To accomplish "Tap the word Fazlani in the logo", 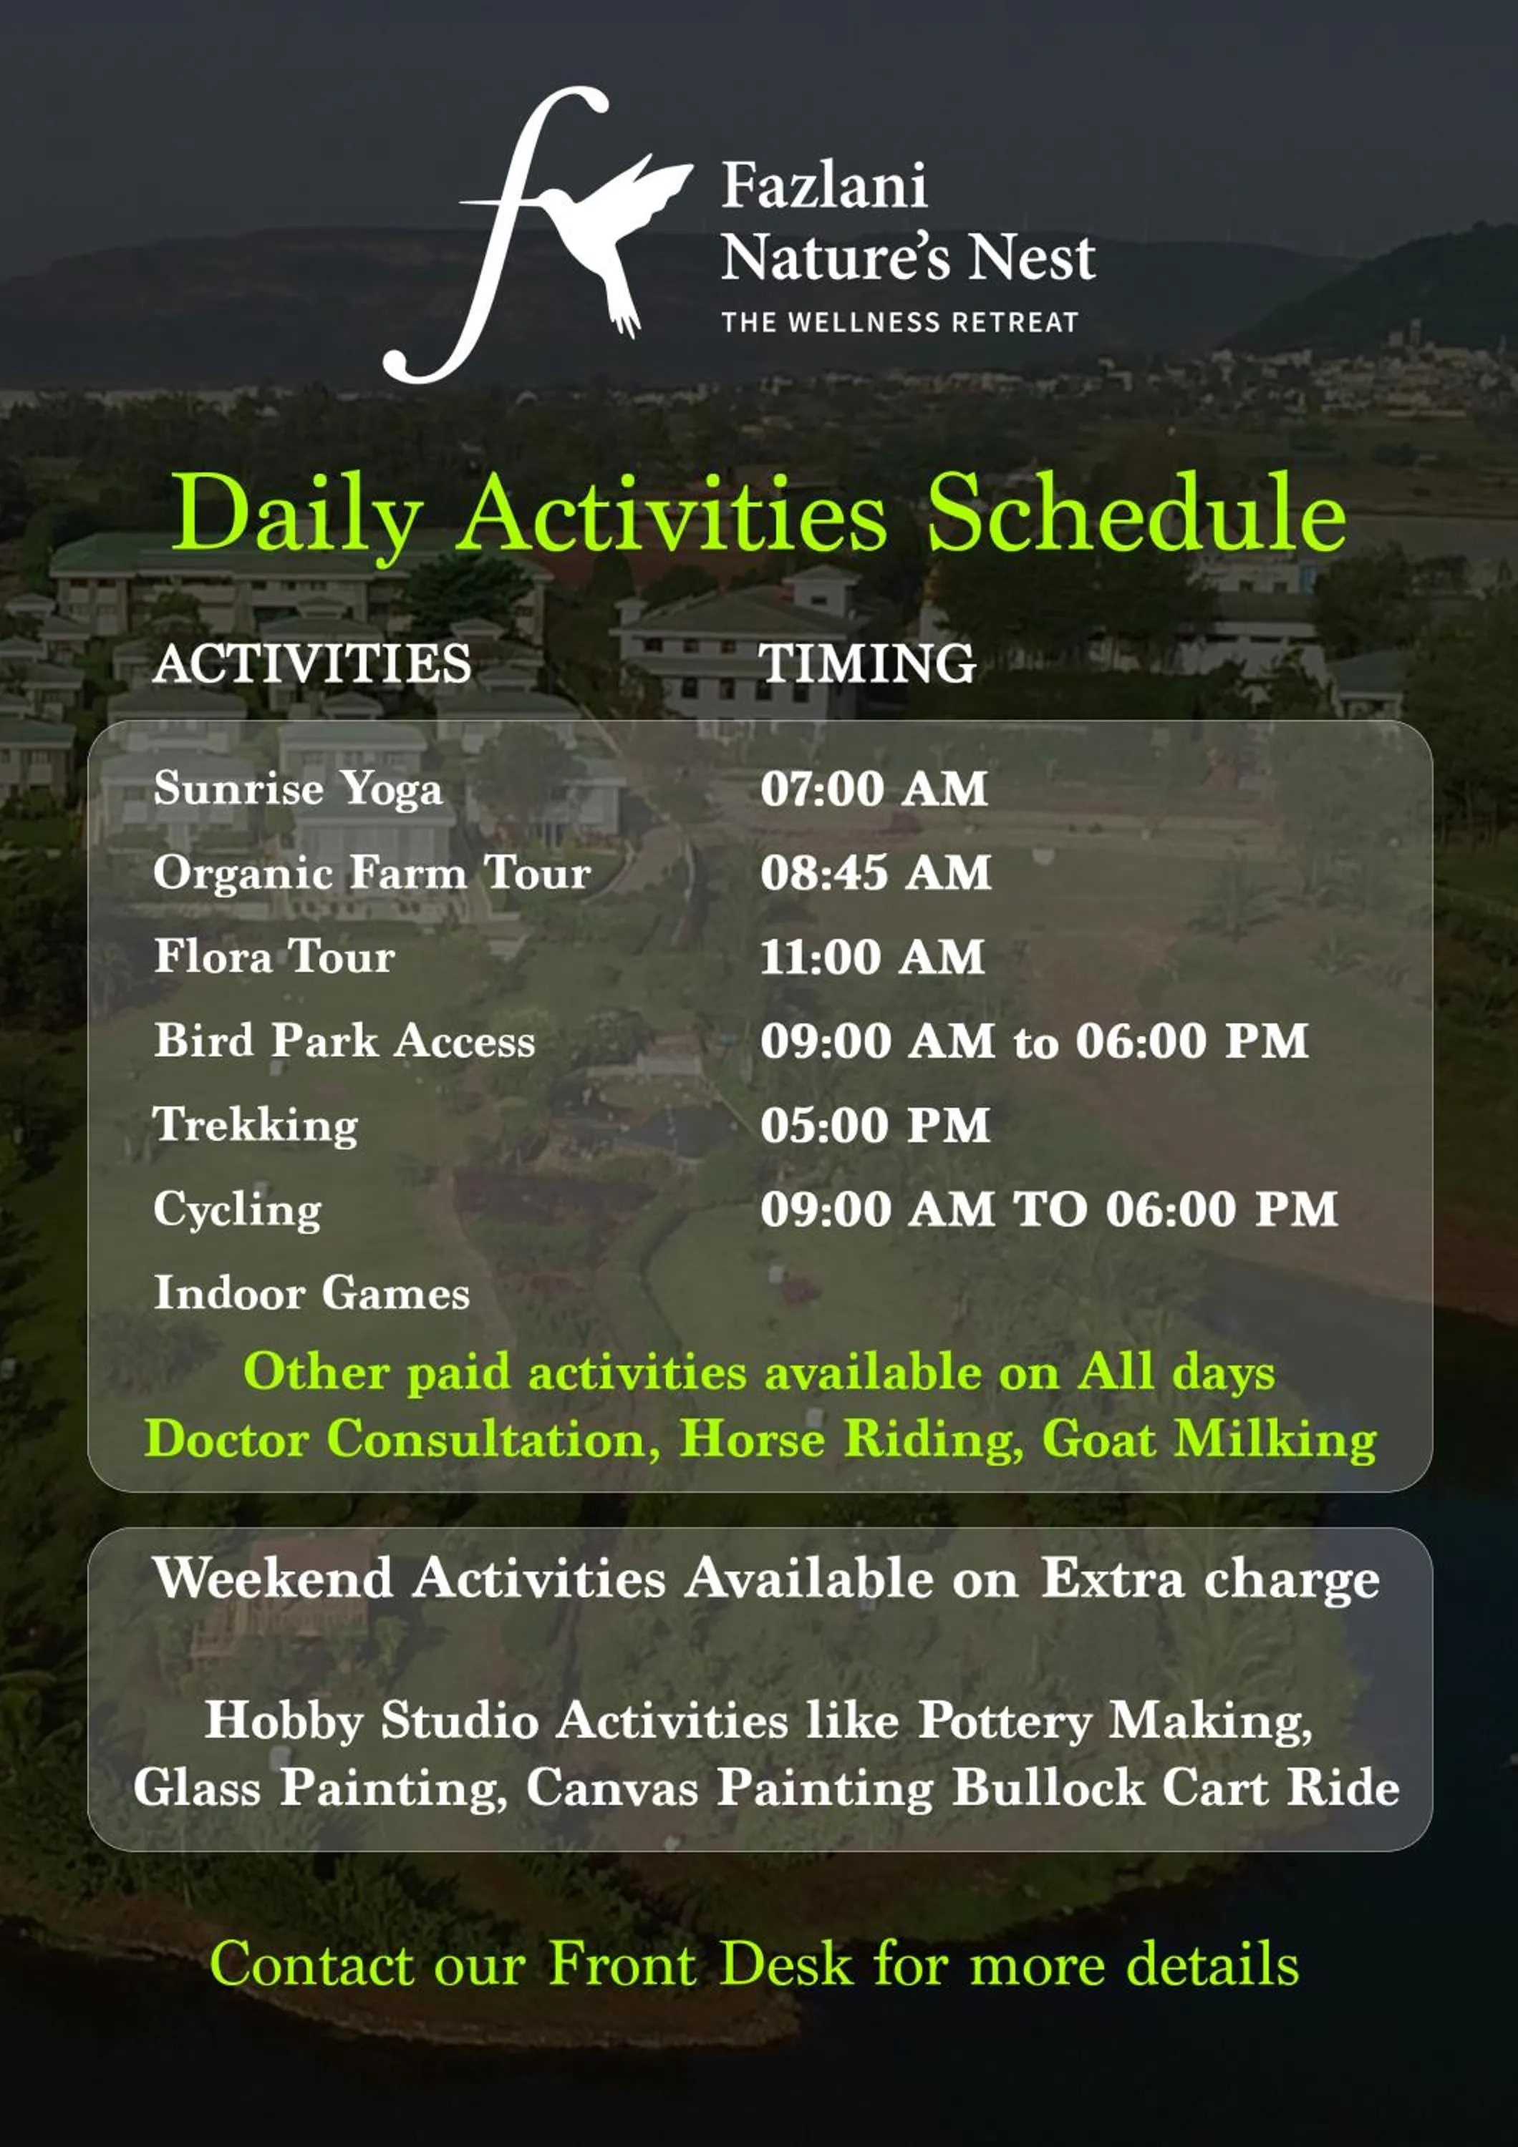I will (824, 185).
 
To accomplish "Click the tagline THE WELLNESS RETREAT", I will (900, 323).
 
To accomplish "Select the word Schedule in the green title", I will (1136, 512).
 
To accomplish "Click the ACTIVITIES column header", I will (312, 664).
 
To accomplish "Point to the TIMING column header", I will (867, 664).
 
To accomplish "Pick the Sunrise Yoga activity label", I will (297, 788).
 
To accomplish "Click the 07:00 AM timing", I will (874, 788).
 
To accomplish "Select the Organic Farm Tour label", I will (372, 872).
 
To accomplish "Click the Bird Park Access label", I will (344, 1041).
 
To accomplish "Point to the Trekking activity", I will (256, 1125).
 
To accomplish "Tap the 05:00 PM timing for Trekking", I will (874, 1125).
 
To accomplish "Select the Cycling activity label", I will (238, 1209).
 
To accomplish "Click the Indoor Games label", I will (311, 1293).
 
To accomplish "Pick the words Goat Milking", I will (1209, 1438).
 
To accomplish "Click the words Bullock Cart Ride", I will (1176, 1787).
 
